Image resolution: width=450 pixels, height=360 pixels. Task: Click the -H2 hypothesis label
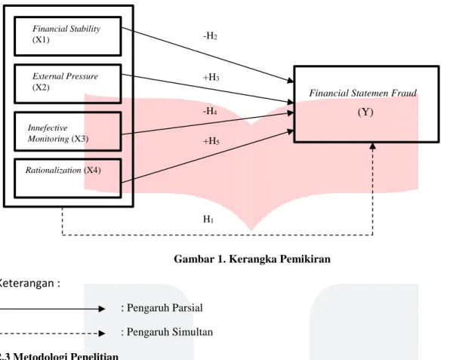coord(210,36)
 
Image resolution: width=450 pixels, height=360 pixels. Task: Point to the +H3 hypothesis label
coord(211,77)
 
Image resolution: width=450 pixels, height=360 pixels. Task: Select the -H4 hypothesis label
coord(210,111)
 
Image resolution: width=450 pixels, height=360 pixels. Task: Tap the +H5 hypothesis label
coord(211,141)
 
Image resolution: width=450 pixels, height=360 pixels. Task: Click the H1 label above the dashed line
coord(208,220)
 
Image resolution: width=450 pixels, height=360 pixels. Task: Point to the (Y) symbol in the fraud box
coord(365,112)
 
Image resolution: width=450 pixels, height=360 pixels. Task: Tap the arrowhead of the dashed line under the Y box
coord(372,146)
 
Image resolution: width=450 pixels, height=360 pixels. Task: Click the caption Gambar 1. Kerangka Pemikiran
coord(252,259)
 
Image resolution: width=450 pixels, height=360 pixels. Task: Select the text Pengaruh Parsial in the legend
coord(165,308)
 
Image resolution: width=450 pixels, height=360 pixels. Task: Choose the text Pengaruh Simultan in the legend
coord(170,332)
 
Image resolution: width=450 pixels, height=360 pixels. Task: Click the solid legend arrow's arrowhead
coord(102,309)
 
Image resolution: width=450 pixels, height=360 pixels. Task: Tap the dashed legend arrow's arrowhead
coord(102,334)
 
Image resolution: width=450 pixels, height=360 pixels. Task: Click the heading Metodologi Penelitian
coord(66,356)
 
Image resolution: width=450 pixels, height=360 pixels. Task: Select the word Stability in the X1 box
coord(85,29)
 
